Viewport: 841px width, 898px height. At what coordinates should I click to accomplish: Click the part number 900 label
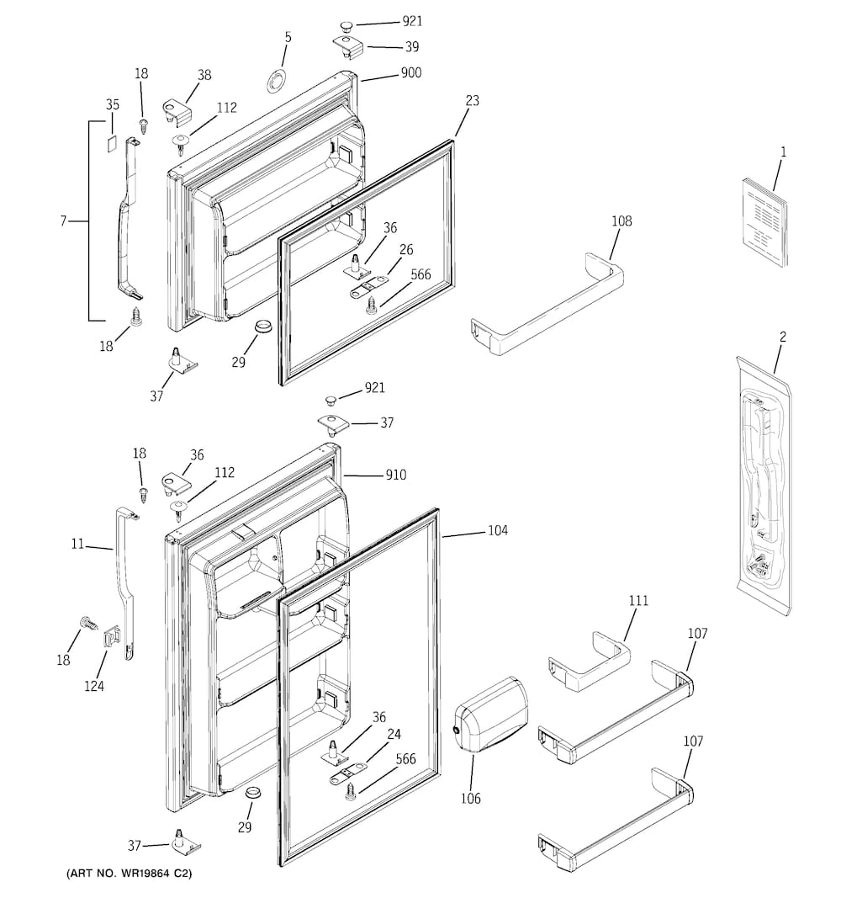[x=410, y=73]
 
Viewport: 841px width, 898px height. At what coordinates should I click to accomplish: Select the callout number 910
[x=395, y=476]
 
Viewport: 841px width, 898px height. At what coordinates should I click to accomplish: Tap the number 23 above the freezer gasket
[x=472, y=101]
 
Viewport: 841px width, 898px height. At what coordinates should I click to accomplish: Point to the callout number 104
[x=497, y=531]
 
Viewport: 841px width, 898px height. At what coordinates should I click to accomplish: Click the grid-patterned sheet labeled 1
[x=766, y=221]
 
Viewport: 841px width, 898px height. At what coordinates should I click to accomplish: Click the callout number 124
[x=94, y=686]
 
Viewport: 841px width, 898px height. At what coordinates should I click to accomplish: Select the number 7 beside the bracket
[x=63, y=221]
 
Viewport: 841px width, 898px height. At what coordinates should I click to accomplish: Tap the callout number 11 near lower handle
[x=77, y=545]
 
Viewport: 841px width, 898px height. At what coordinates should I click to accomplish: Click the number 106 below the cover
[x=470, y=798]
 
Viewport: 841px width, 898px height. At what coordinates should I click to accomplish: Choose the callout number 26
[x=406, y=250]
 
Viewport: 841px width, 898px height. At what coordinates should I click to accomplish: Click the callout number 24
[x=394, y=734]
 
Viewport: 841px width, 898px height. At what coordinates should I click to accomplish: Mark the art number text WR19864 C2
[x=130, y=874]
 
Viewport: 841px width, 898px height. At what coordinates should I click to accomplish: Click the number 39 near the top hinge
[x=411, y=47]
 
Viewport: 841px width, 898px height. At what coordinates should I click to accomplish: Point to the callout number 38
[x=204, y=74]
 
